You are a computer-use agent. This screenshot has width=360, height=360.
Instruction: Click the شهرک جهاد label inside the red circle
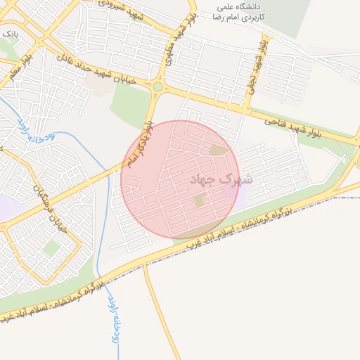[215, 180]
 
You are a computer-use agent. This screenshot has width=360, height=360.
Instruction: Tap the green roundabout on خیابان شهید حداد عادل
[157, 87]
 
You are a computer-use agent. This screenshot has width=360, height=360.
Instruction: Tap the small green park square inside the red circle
[199, 201]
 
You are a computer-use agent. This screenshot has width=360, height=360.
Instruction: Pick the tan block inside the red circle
[219, 150]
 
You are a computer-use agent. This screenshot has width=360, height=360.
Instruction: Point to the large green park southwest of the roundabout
[130, 105]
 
